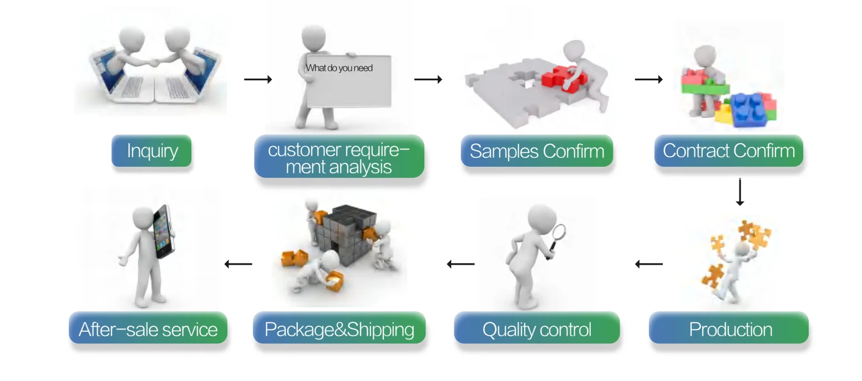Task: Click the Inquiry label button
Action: [151, 151]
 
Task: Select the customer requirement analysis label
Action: [339, 158]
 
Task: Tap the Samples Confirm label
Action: [536, 151]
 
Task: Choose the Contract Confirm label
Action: [728, 151]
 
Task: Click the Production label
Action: [730, 329]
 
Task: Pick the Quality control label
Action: [536, 329]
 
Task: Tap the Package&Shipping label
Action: [339, 329]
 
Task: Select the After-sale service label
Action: [148, 329]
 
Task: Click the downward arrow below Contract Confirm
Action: [739, 192]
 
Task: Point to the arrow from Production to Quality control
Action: [648, 264]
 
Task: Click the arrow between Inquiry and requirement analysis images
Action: [258, 80]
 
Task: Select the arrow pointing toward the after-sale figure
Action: [238, 264]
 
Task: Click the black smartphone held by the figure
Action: [164, 231]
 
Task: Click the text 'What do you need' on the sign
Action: [339, 68]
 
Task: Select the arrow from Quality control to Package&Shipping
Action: [460, 264]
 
